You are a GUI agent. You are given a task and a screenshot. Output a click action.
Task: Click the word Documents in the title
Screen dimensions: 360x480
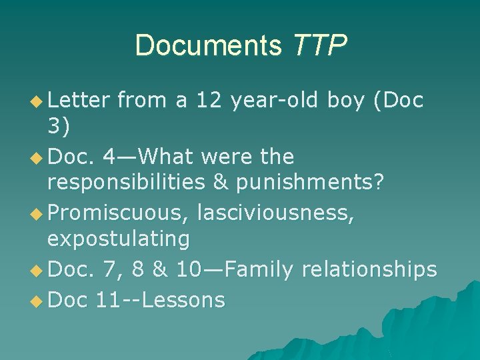click(209, 46)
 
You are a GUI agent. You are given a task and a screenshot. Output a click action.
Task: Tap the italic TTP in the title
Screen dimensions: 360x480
click(319, 46)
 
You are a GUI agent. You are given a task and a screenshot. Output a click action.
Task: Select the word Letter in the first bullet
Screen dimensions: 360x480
click(78, 100)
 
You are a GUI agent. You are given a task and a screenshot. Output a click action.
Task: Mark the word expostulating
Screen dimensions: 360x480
click(119, 237)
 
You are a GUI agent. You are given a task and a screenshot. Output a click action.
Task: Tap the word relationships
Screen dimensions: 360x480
click(369, 270)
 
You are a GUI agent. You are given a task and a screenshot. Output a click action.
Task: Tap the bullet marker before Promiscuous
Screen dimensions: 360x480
click(36, 214)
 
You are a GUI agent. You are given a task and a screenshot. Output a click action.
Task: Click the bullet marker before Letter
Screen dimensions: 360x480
click(36, 101)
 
